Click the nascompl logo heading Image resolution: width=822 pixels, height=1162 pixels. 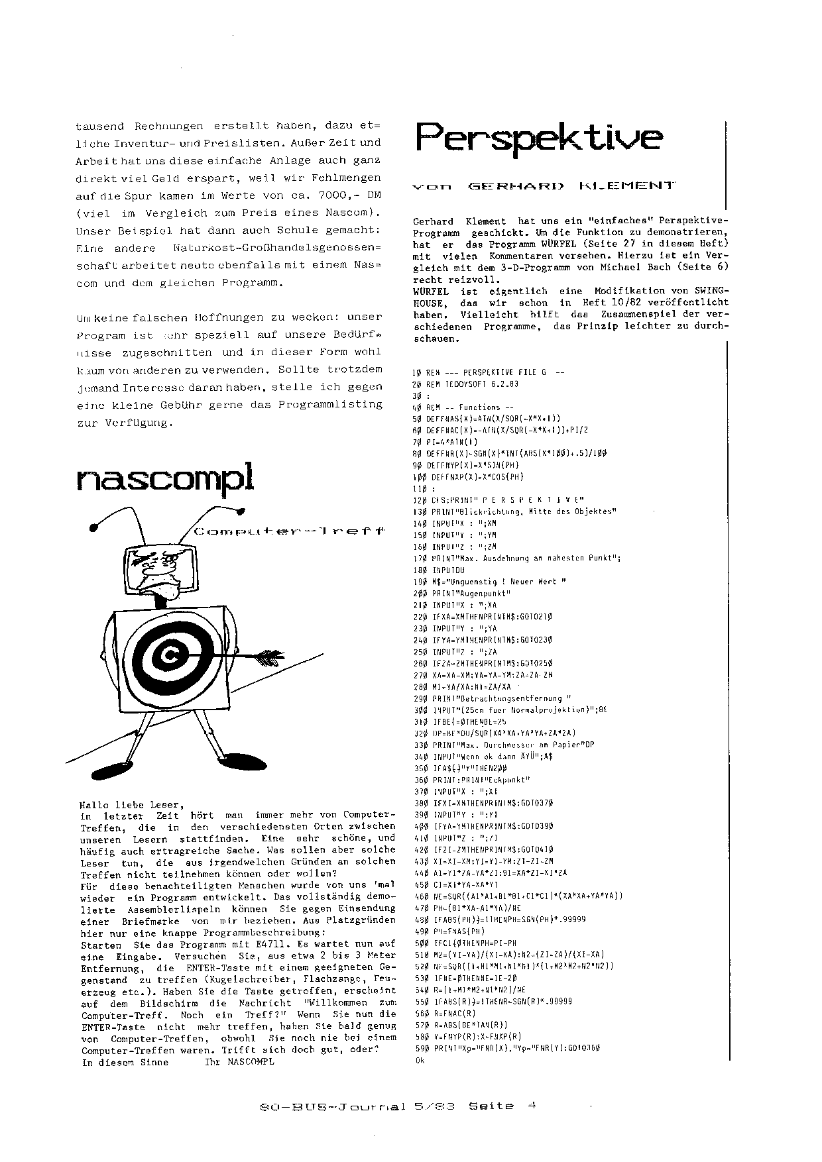pyautogui.click(x=165, y=478)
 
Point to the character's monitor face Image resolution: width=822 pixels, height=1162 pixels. pyautogui.click(x=161, y=567)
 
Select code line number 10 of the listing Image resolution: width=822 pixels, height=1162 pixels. pyautogui.click(x=417, y=372)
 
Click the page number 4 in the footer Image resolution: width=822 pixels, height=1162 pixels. pyautogui.click(x=532, y=1105)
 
